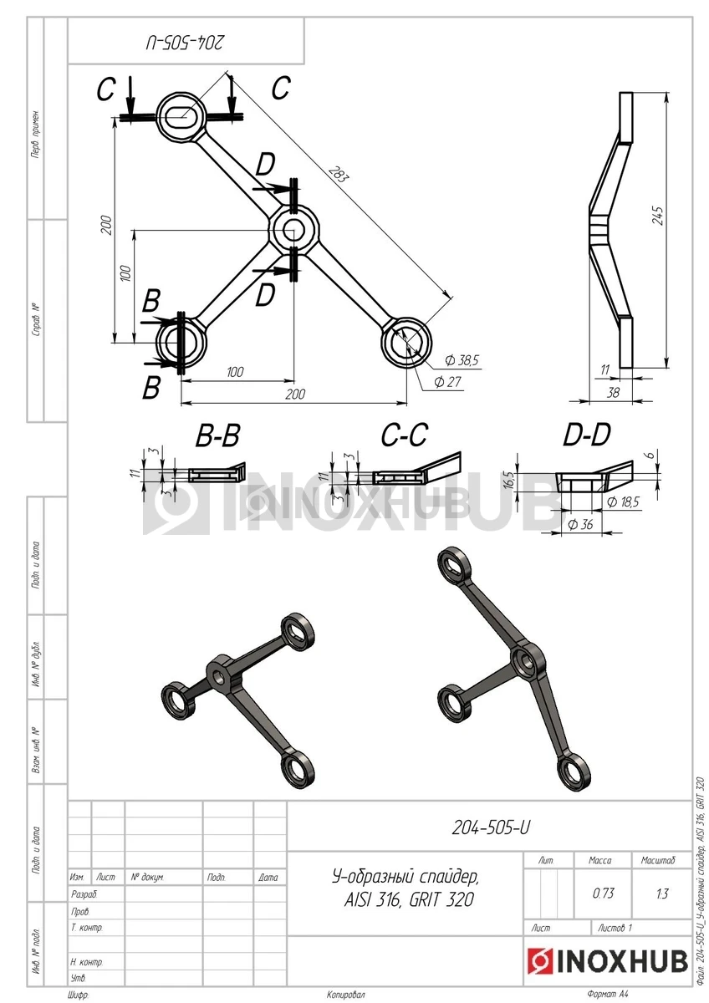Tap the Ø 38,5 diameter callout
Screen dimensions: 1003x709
(x=462, y=360)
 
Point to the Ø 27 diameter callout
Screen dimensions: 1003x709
(x=450, y=382)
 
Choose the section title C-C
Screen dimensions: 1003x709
(x=404, y=435)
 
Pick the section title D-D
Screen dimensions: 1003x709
(x=586, y=435)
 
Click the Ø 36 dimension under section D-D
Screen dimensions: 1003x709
(x=580, y=525)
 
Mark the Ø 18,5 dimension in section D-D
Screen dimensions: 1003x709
(x=625, y=502)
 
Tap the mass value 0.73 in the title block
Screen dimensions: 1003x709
(x=603, y=893)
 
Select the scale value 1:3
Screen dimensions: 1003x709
(x=662, y=894)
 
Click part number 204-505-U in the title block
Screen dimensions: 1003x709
(x=491, y=828)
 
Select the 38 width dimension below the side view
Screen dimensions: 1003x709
(x=612, y=390)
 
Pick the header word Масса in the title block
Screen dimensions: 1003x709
(x=600, y=860)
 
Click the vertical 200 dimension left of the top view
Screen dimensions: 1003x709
(x=106, y=226)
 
